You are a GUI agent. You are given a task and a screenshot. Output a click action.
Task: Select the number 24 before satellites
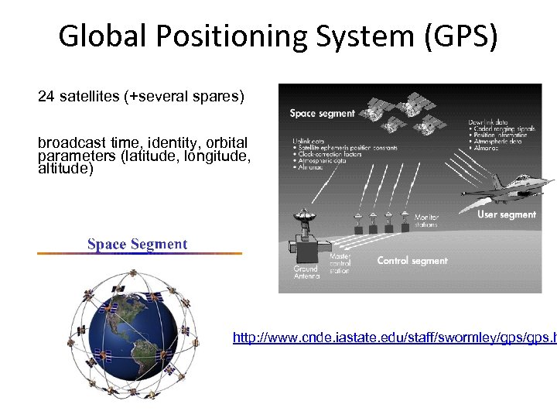[46, 97]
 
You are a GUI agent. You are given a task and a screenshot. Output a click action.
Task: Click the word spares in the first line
[218, 97]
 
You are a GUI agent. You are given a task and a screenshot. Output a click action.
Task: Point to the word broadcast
[71, 143]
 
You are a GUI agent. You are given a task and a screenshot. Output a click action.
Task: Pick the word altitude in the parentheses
[65, 169]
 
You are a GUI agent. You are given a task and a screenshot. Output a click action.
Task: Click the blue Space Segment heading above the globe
[137, 245]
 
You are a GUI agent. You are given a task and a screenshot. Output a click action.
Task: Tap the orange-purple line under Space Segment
[139, 253]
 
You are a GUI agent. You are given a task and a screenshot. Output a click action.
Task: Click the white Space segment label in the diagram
[322, 113]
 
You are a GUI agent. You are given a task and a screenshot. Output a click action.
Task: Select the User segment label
[506, 214]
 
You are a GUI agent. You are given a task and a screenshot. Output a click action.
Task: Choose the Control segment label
[412, 261]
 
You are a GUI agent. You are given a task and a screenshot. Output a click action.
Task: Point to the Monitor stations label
[425, 221]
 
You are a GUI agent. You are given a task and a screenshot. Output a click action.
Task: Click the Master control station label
[340, 263]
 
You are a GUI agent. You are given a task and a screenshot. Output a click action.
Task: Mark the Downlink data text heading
[488, 122]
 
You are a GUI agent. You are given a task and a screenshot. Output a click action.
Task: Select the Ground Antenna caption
[305, 273]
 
